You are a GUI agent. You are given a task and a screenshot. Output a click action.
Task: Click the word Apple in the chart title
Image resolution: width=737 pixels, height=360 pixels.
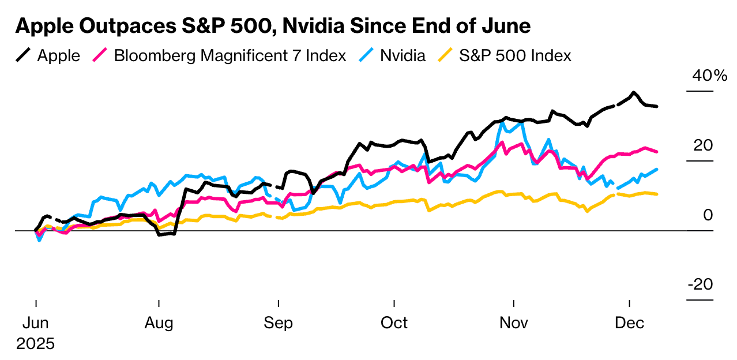(43, 26)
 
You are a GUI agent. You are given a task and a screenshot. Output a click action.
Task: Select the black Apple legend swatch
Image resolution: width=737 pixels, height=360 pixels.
(24, 55)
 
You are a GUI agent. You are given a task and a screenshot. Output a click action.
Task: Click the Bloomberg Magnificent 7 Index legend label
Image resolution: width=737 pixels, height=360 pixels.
(230, 55)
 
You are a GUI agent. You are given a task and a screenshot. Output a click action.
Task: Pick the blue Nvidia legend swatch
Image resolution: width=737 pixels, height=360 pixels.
(367, 55)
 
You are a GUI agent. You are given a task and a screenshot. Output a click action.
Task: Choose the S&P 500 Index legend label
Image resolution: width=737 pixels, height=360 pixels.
(515, 55)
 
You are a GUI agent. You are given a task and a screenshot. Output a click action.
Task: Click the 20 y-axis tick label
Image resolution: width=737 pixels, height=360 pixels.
(703, 145)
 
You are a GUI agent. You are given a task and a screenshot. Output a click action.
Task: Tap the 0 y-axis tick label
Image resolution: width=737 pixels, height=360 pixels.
(708, 215)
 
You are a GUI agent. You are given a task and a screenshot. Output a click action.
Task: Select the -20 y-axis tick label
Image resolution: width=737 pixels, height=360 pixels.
(700, 284)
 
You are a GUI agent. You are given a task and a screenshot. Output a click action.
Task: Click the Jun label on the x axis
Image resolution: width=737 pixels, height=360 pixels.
(36, 322)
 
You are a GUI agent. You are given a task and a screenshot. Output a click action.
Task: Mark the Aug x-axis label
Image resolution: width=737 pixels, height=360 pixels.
(159, 322)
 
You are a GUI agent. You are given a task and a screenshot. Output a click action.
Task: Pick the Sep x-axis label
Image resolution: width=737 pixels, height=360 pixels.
(278, 322)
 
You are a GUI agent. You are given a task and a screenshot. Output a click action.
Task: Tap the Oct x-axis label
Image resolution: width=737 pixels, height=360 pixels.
(394, 322)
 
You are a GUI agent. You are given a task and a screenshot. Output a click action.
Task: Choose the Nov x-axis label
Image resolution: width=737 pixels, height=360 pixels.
(513, 322)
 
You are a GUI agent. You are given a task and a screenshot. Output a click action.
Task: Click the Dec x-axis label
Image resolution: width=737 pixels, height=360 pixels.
(629, 322)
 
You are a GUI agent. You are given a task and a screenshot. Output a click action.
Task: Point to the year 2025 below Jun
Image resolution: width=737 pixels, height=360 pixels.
(35, 344)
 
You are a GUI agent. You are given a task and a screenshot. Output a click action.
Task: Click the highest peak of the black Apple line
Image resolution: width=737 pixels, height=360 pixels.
(634, 92)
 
